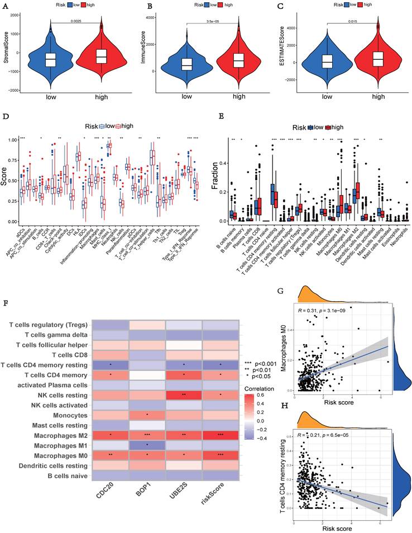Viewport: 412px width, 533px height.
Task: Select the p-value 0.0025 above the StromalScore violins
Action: click(x=76, y=22)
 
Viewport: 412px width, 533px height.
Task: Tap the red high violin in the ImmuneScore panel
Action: click(x=238, y=59)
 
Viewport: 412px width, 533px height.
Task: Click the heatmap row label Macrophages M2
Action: click(x=55, y=434)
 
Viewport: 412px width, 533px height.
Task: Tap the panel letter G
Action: click(x=280, y=291)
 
